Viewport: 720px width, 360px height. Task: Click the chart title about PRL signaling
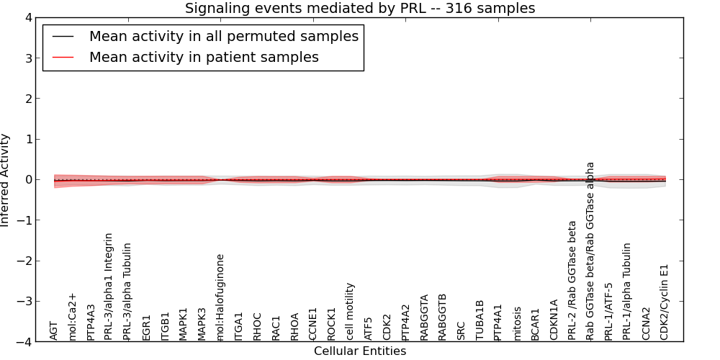pos(360,8)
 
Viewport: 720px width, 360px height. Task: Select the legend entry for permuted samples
pos(223,36)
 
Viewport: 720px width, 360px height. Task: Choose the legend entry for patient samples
pos(204,57)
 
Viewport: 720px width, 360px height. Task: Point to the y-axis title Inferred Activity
pos(6,180)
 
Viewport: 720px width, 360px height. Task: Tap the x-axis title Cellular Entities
pos(360,351)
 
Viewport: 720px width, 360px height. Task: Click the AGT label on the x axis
pos(54,330)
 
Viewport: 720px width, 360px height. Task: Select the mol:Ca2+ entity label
pos(73,316)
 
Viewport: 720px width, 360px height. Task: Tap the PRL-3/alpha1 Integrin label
pos(109,287)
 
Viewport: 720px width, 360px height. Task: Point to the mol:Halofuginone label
pos(221,297)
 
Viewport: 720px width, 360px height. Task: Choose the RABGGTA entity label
pos(425,317)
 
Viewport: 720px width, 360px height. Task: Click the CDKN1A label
pos(554,320)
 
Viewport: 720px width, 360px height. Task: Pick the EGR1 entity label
pos(147,327)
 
